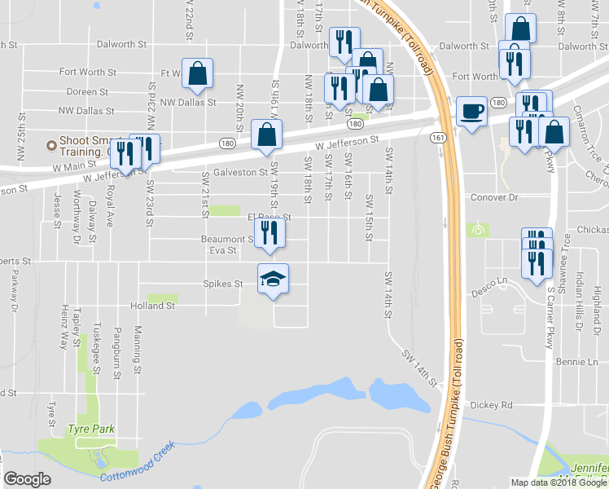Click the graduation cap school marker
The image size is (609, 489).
pos(274,280)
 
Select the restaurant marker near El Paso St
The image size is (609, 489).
pos(269,235)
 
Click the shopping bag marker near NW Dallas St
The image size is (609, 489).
pos(198,74)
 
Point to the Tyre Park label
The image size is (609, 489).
pos(91,430)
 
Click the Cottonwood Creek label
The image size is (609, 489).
pos(138,462)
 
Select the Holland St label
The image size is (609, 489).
pos(153,306)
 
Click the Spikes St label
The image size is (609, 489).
pos(223,284)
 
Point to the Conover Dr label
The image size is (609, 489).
pos(495,197)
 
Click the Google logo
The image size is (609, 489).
pos(27,479)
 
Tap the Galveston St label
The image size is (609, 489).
pos(240,173)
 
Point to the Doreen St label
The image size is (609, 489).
pos(87,93)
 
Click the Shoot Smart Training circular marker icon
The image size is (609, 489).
pos(51,146)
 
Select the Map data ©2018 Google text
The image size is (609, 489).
pos(558,482)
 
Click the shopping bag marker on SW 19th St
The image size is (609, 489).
pos(266,135)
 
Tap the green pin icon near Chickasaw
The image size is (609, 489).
pos(478,230)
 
